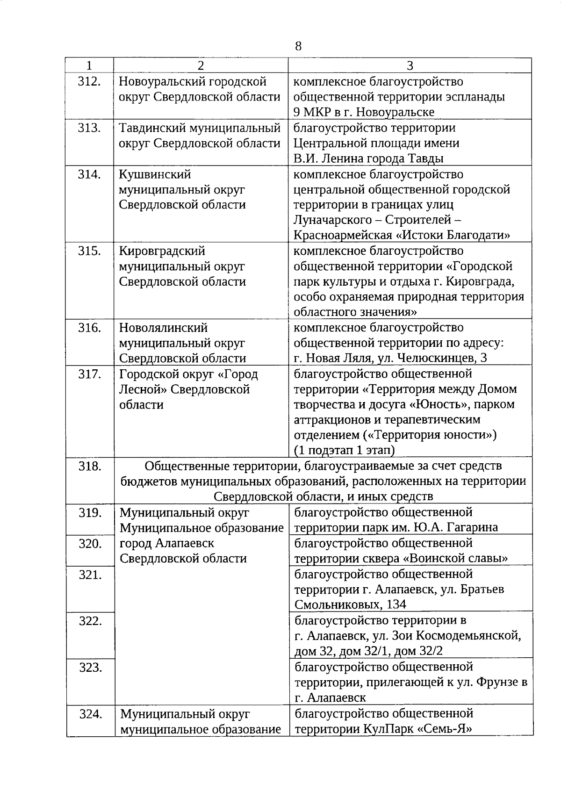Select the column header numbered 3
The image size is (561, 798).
pyautogui.click(x=410, y=66)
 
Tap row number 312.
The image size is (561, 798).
pyautogui.click(x=89, y=82)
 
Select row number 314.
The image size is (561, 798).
pyautogui.click(x=89, y=175)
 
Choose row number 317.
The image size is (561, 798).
pyautogui.click(x=89, y=374)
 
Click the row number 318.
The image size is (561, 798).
pyautogui.click(x=89, y=467)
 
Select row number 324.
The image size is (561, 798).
pyautogui.click(x=90, y=714)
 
